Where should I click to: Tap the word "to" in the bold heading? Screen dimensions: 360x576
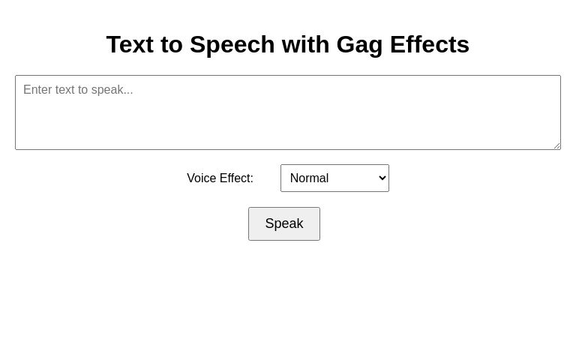click(x=171, y=45)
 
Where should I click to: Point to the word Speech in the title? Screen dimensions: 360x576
click(x=232, y=45)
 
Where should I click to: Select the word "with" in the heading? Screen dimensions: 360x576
click(x=305, y=45)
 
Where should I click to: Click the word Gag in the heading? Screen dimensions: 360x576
click(x=359, y=45)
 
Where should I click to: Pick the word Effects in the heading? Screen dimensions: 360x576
click(x=430, y=45)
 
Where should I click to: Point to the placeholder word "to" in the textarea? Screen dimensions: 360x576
click(x=85, y=90)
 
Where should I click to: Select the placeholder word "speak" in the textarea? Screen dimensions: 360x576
click(x=108, y=90)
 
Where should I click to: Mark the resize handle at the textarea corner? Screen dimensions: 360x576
click(x=556, y=145)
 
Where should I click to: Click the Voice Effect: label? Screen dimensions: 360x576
click(x=220, y=178)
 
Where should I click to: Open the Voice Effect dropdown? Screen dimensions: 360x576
click(x=334, y=178)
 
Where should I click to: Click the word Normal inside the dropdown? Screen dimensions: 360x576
click(x=309, y=178)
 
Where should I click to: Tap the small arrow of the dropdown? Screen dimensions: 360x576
click(x=382, y=178)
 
